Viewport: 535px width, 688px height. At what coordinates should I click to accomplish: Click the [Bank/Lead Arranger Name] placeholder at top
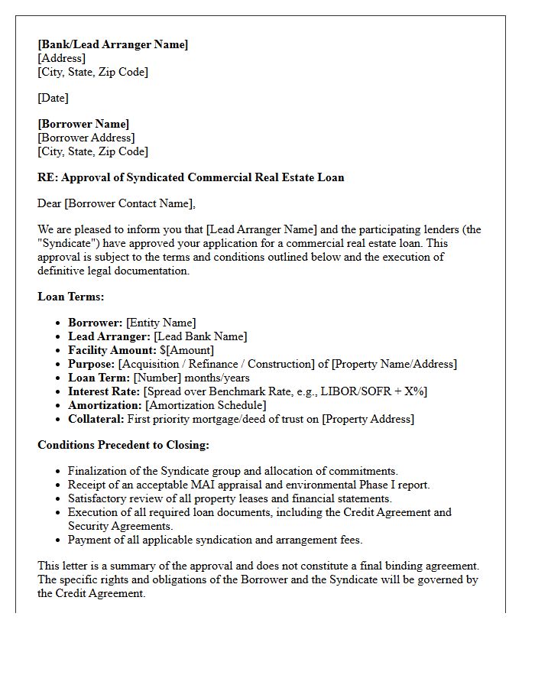click(x=112, y=44)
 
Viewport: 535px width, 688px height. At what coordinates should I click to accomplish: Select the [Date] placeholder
click(x=53, y=98)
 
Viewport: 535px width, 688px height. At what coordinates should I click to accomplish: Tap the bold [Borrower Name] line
click(x=83, y=124)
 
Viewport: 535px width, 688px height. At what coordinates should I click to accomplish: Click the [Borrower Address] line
click(x=86, y=138)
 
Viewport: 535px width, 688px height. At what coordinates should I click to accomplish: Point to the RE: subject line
click(x=190, y=177)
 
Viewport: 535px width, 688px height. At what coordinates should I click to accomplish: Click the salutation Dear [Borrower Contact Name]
click(x=116, y=203)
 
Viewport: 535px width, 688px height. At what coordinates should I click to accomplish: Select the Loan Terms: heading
click(x=71, y=297)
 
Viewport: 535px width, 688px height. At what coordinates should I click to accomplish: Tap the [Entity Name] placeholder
click(x=160, y=323)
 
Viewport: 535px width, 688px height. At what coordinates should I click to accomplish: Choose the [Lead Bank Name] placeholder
click(x=200, y=336)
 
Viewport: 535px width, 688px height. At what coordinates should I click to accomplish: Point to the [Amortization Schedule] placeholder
click(x=206, y=405)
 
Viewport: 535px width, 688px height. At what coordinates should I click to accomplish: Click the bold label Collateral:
click(x=96, y=419)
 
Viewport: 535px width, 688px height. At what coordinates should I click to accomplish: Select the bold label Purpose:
click(x=92, y=364)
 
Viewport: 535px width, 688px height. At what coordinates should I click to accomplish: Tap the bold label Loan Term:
click(x=99, y=378)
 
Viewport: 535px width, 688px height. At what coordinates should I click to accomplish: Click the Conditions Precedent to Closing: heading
click(x=123, y=445)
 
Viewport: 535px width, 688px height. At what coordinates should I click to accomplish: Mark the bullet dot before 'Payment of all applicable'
click(x=58, y=540)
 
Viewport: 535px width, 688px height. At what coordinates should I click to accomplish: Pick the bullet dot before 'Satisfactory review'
click(x=58, y=499)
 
